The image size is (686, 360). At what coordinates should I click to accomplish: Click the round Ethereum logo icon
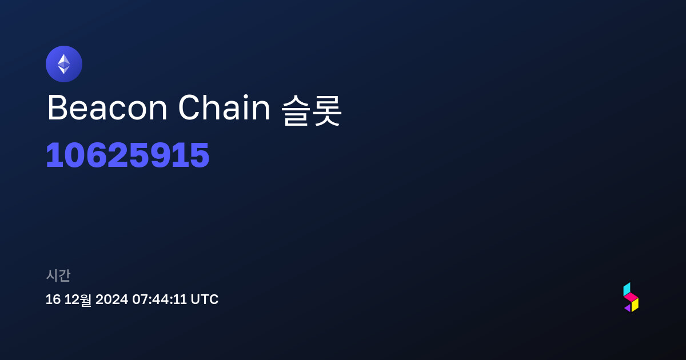point(64,64)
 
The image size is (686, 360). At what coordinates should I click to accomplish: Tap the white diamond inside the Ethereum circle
point(64,64)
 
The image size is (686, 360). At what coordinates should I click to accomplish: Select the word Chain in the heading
point(224,107)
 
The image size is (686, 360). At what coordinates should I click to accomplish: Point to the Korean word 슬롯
point(311,110)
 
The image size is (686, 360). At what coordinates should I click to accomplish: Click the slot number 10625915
point(127,155)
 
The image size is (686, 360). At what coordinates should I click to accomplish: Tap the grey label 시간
point(58,275)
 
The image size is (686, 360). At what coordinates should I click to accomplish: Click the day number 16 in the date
point(53,299)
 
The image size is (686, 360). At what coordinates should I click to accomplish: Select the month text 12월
point(78,299)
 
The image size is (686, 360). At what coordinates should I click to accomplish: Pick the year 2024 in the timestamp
point(112,299)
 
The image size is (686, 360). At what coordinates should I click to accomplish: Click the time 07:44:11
point(159,299)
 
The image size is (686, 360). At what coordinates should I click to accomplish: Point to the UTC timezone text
point(205,299)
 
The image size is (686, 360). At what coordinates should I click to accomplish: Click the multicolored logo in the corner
point(631,297)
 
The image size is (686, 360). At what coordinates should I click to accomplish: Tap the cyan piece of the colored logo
point(627,289)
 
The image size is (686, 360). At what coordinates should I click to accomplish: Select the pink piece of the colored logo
point(631,297)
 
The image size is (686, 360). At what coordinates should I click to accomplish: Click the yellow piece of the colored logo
point(635,305)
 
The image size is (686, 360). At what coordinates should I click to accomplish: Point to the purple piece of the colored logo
point(628,308)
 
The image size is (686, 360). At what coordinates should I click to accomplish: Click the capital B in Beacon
point(57,108)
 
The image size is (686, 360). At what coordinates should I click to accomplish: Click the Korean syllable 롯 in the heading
point(327,110)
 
